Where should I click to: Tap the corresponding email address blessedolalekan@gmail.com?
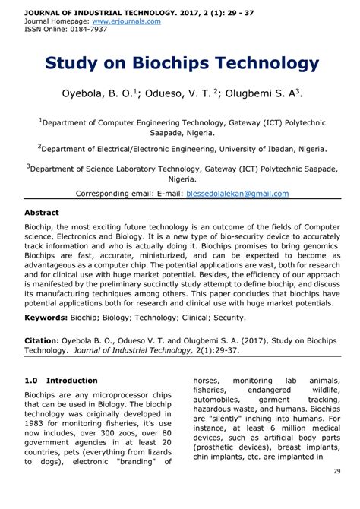tap(238, 194)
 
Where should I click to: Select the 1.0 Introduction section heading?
tap(62, 380)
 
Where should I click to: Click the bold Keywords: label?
tap(51, 317)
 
